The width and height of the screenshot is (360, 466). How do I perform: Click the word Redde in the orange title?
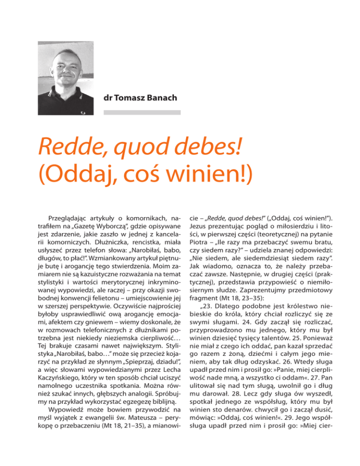coord(70,149)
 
